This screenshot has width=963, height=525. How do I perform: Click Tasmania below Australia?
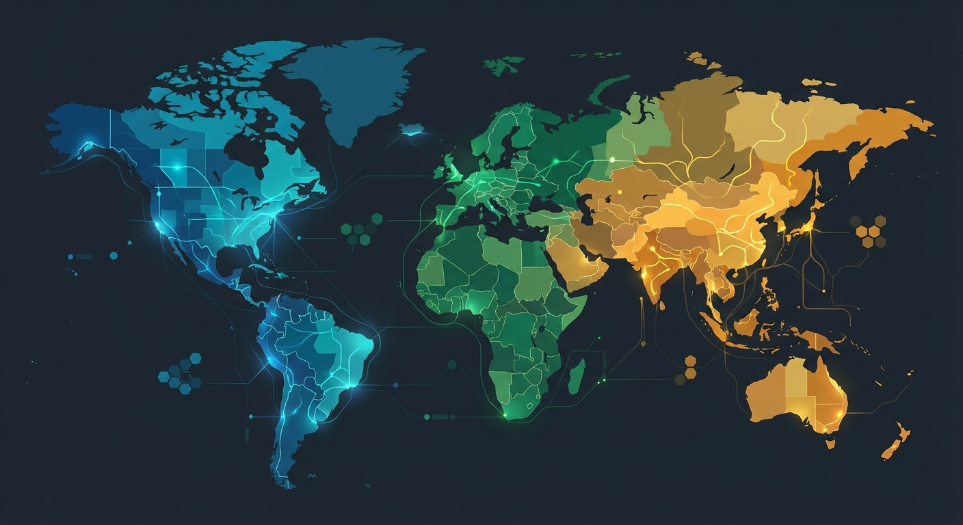coord(830,444)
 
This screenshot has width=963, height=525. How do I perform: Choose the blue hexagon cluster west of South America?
coord(181,373)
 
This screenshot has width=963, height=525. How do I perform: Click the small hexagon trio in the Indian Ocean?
coord(687,368)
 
